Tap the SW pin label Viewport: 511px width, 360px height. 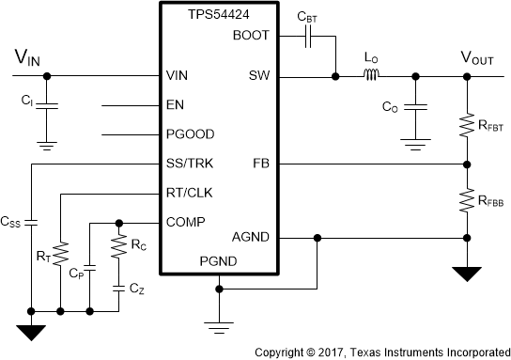259,75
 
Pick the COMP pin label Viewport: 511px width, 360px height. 184,224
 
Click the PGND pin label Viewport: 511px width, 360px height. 219,262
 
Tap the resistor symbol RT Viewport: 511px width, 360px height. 59,251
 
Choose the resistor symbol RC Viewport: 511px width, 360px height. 118,246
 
